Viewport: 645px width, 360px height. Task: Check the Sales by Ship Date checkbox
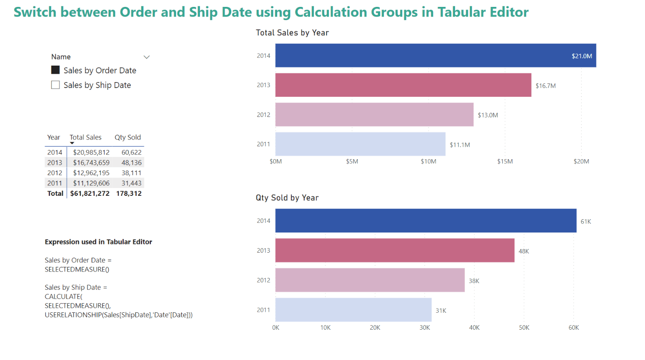click(56, 85)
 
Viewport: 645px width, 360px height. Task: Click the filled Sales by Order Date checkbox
click(56, 70)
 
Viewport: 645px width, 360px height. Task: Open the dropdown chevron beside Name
click(147, 57)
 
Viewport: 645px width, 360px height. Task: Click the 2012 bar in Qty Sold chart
click(370, 280)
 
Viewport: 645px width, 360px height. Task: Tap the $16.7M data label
click(545, 85)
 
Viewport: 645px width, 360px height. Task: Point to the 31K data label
click(440, 310)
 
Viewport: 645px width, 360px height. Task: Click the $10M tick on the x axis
click(428, 161)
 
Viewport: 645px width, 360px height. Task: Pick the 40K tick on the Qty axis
click(474, 328)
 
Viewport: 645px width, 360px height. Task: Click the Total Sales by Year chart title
click(292, 33)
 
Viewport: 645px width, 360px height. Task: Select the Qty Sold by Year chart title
click(287, 198)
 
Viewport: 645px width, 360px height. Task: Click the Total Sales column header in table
click(85, 137)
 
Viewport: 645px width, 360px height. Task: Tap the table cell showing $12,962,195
click(91, 173)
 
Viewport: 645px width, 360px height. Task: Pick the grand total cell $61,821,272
click(90, 194)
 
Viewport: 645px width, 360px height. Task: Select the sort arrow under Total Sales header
click(72, 144)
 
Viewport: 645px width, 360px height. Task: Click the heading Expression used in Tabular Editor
click(98, 242)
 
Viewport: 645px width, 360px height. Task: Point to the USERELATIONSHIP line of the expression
click(118, 315)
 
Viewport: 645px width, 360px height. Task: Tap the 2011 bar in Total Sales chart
click(360, 144)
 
